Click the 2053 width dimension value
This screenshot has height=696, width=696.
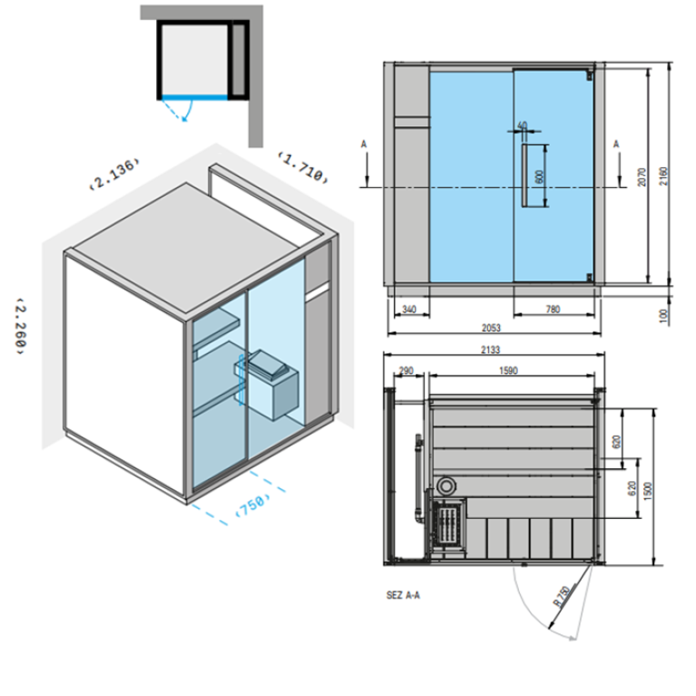tap(491, 328)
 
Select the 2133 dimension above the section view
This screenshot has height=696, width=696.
tap(490, 349)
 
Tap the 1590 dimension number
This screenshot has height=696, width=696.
tap(508, 370)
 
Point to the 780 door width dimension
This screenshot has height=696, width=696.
tap(553, 309)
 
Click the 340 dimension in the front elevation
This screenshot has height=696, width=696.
tap(409, 309)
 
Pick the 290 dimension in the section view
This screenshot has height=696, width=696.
tap(406, 370)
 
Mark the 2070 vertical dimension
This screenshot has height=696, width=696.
tap(642, 177)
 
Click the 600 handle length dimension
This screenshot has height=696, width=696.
tap(539, 177)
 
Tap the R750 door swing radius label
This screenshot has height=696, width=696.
tap(562, 596)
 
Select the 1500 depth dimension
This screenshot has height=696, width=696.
tap(647, 492)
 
